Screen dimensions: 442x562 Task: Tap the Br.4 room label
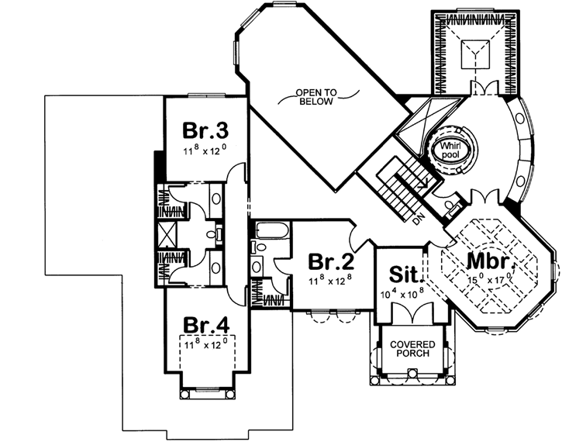coord(204,324)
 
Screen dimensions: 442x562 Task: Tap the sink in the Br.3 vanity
coord(220,232)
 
